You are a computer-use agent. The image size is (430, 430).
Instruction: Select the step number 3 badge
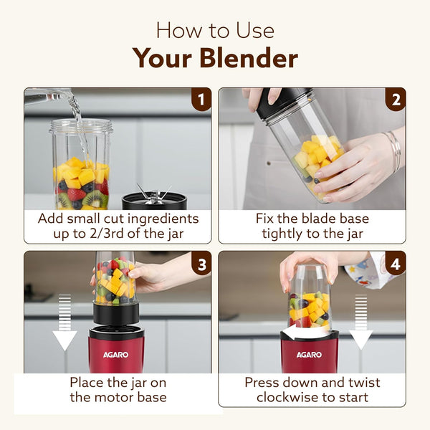pyautogui.click(x=201, y=262)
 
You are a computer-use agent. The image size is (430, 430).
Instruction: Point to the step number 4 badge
pyautogui.click(x=394, y=262)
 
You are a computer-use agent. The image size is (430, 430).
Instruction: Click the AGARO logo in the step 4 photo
pyautogui.click(x=309, y=354)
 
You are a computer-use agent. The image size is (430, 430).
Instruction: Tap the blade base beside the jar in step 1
pyautogui.click(x=154, y=199)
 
